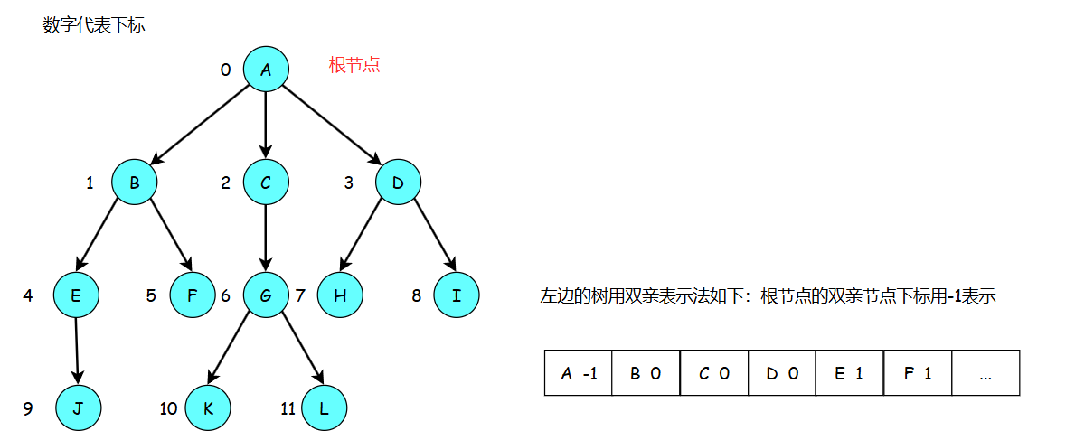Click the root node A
(266, 69)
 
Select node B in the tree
(135, 183)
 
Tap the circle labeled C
(266, 183)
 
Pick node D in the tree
(398, 183)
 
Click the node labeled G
(266, 295)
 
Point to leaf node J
(78, 408)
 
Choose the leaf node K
(208, 408)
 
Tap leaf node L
(324, 408)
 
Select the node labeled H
(340, 295)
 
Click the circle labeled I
(456, 295)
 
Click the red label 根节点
(354, 65)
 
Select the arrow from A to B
(200, 126)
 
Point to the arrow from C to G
(266, 239)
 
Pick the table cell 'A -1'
(579, 373)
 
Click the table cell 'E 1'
(849, 373)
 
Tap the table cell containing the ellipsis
(985, 373)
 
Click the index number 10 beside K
(168, 409)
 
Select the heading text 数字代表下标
(94, 25)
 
